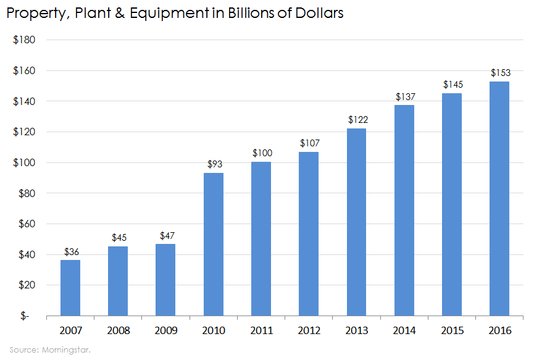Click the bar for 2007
click(70, 288)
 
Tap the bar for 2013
click(356, 222)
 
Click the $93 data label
click(213, 164)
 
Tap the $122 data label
click(356, 120)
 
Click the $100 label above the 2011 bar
click(261, 153)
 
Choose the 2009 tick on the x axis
click(165, 330)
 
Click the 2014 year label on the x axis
click(404, 330)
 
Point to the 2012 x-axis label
click(309, 330)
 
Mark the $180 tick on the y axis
click(24, 40)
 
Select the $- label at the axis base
click(25, 316)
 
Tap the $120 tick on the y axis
click(24, 132)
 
